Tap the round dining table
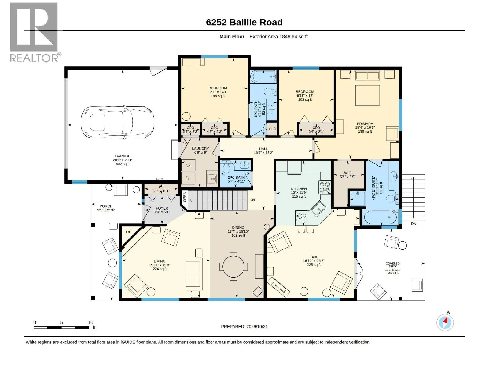(x=233, y=267)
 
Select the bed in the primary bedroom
(x=367, y=88)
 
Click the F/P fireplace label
(x=129, y=232)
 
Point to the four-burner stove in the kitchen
(x=325, y=187)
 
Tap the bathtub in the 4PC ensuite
(x=380, y=217)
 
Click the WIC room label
(x=347, y=173)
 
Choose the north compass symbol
(x=445, y=322)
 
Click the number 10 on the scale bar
(x=90, y=322)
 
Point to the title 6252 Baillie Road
(x=244, y=22)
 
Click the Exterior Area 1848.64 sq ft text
(x=278, y=36)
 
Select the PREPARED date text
(x=244, y=327)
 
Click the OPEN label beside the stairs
(x=185, y=197)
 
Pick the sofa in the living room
(x=194, y=274)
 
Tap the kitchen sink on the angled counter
(x=318, y=209)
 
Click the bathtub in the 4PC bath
(x=263, y=77)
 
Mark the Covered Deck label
(x=393, y=265)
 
